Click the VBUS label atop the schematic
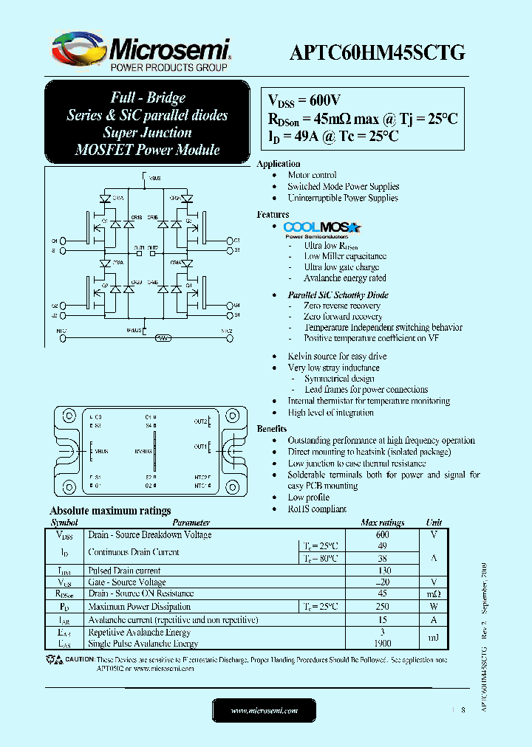[154, 178]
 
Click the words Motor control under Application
[312, 175]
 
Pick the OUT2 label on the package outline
[200, 421]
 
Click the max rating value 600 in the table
[382, 534]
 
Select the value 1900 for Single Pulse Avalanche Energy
[382, 643]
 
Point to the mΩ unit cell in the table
[434, 593]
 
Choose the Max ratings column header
[382, 523]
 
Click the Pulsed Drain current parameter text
[124, 571]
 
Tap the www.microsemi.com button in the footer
[265, 710]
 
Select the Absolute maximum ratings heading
[110, 511]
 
